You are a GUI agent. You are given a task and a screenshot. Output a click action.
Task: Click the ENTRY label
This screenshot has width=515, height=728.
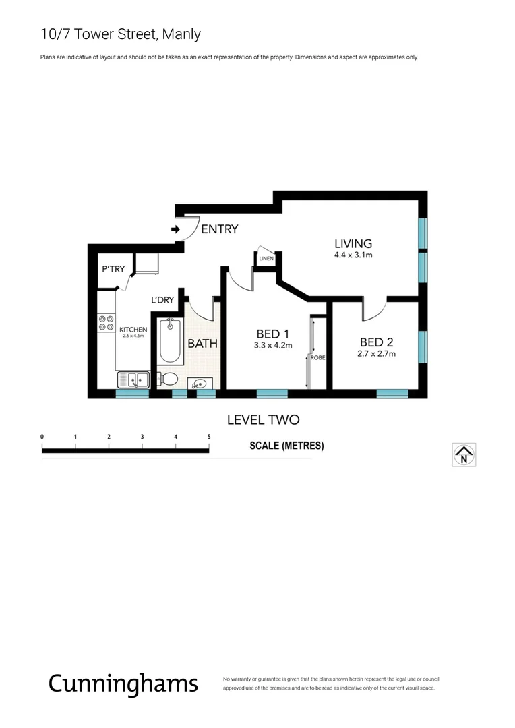coord(219,229)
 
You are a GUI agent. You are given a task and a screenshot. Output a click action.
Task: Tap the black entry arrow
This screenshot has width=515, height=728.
coord(175,230)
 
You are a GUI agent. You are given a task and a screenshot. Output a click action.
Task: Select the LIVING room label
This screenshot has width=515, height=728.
coord(353,243)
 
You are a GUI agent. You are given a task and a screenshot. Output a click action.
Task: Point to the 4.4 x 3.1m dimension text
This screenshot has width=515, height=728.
coord(353,255)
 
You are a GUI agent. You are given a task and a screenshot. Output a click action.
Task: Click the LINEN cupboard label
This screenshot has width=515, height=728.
coord(266,258)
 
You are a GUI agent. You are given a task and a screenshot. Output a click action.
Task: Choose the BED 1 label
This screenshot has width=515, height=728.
coord(272,334)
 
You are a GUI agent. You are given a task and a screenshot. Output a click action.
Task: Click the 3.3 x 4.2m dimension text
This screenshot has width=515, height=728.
coord(272,346)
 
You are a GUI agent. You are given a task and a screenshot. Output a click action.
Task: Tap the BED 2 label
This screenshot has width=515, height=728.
coord(376,341)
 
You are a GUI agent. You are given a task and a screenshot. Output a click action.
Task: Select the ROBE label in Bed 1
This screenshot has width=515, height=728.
coord(317,358)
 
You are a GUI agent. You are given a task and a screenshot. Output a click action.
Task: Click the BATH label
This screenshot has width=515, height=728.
coord(202,344)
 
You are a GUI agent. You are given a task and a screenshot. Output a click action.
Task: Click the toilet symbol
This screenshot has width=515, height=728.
coord(168,379)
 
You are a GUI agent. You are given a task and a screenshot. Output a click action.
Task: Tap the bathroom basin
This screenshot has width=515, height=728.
coord(200,384)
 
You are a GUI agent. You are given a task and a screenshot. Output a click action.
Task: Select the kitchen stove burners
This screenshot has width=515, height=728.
coord(106,323)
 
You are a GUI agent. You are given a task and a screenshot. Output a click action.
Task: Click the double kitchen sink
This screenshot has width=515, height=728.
coord(133,380)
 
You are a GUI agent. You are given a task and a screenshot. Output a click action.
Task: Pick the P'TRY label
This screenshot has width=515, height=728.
coord(113,270)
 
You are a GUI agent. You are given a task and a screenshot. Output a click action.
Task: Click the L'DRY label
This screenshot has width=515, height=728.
coord(162,300)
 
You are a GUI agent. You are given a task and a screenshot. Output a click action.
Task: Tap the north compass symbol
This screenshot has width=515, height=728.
coord(464,454)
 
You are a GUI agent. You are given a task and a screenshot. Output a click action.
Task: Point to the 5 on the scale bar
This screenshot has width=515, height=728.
coord(209,437)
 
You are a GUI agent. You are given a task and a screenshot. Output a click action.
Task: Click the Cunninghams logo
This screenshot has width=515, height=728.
coord(123,683)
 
